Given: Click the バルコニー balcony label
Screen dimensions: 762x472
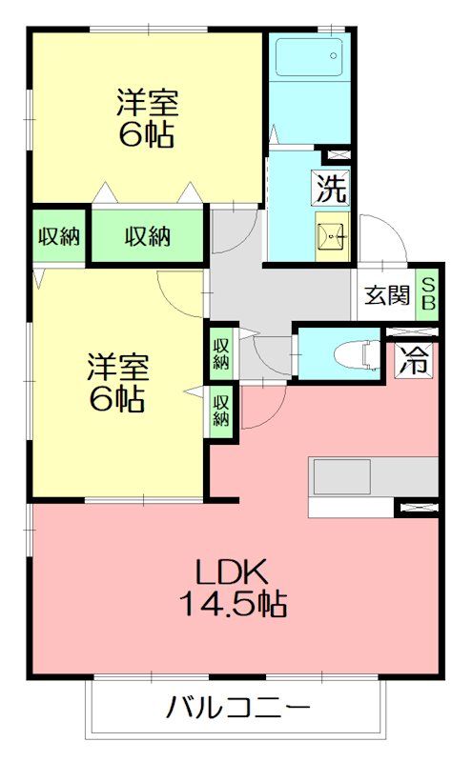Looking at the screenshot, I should (x=238, y=708).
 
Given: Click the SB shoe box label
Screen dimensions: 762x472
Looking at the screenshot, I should (x=428, y=294).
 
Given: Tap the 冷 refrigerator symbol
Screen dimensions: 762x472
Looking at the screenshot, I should (x=413, y=360).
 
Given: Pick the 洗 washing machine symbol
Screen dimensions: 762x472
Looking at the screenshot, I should (x=331, y=189).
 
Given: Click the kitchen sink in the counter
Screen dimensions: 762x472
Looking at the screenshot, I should (x=341, y=476).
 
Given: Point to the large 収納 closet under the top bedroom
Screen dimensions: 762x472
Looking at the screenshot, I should (x=148, y=236).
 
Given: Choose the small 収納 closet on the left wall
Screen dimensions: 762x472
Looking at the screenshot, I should (x=57, y=236).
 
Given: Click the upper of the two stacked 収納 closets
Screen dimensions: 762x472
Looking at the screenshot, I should (x=221, y=351).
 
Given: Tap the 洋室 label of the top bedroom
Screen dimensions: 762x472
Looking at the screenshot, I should (x=147, y=102).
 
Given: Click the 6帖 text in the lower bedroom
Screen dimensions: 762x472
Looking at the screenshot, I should (x=118, y=399).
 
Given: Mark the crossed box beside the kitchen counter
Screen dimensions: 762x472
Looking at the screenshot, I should (x=417, y=507).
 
